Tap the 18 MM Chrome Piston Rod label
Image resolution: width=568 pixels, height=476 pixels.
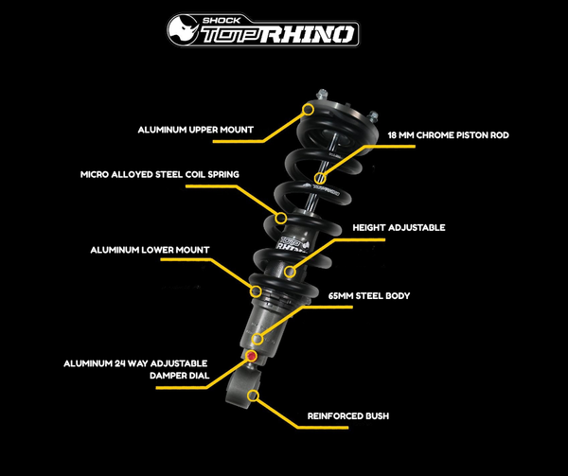448,135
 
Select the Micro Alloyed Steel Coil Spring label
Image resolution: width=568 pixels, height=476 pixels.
158,175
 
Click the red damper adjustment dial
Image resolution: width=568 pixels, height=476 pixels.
251,356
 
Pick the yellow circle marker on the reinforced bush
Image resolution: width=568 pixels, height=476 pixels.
253,393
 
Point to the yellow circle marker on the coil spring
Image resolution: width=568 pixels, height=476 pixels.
280,219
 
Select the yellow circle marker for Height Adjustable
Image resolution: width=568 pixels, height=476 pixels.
289,273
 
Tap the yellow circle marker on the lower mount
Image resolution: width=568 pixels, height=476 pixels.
253,289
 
